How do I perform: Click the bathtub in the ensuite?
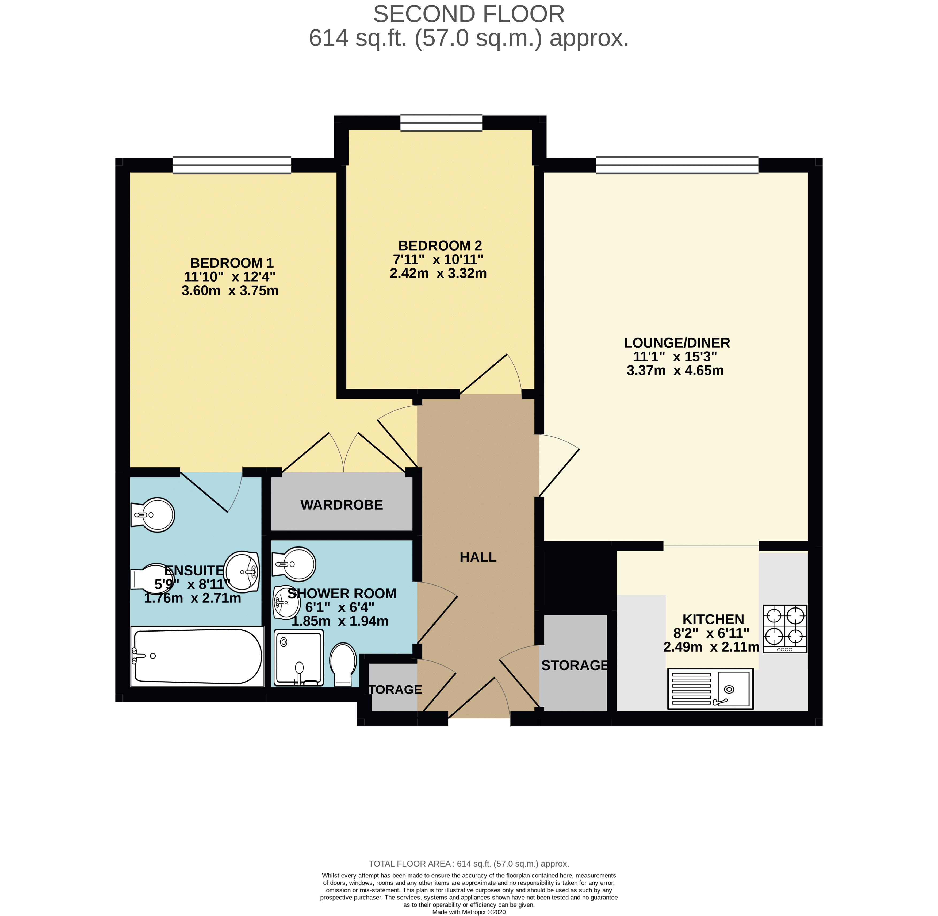pyautogui.click(x=197, y=656)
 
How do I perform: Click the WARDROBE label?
pyautogui.click(x=342, y=505)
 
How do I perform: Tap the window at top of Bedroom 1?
pyautogui.click(x=232, y=165)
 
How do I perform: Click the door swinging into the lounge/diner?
pyautogui.click(x=558, y=465)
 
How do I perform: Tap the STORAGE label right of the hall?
pyautogui.click(x=574, y=665)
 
